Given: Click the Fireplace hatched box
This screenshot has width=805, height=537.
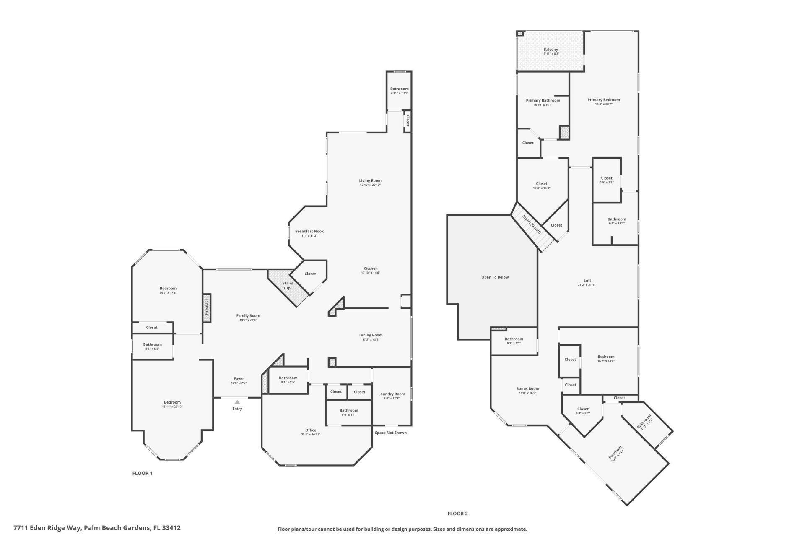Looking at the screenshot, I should click(x=207, y=308).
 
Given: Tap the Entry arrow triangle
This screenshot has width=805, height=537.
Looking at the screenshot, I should click(x=237, y=402).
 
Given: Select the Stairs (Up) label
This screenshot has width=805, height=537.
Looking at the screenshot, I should click(x=288, y=286).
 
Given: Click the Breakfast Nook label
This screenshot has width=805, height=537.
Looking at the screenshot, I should click(x=309, y=231).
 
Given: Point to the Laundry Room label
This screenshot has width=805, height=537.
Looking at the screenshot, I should click(x=392, y=394).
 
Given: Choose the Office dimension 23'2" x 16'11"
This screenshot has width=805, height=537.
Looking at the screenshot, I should click(x=310, y=435).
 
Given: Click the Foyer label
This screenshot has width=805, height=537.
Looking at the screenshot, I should click(x=239, y=378).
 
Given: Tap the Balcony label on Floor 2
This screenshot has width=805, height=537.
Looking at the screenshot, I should click(x=551, y=50).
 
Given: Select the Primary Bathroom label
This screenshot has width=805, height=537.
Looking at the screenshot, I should click(x=543, y=100).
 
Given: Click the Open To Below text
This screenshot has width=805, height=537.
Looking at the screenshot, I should click(x=495, y=277).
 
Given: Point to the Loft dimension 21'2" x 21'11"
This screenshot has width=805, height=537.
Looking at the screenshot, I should click(x=587, y=285).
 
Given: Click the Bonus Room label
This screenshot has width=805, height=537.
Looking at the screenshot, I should click(x=527, y=388).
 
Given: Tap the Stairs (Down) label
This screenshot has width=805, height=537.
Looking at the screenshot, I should click(x=532, y=224).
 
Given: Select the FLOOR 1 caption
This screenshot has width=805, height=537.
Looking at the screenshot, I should click(x=142, y=473).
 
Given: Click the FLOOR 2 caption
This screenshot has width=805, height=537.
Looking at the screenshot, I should click(x=457, y=514).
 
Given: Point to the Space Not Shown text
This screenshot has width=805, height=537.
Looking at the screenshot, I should click(x=390, y=433).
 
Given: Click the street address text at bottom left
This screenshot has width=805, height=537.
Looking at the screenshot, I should click(x=97, y=528).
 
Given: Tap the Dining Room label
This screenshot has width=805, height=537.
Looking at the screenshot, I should click(x=371, y=335).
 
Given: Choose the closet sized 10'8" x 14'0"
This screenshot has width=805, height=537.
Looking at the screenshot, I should click(x=541, y=186).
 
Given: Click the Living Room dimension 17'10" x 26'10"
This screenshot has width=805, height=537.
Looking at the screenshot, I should click(x=370, y=185).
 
